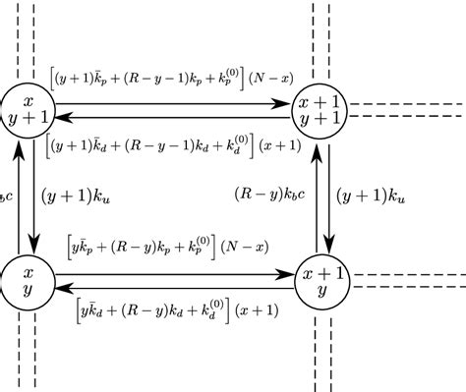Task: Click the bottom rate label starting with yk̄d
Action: (x=176, y=311)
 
